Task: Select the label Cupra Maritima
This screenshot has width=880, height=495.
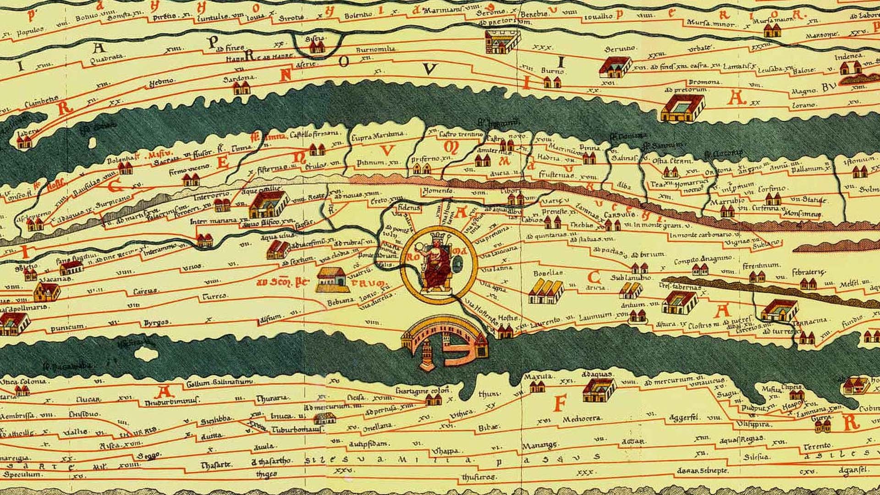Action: (377, 136)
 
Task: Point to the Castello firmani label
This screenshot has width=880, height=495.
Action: (314, 134)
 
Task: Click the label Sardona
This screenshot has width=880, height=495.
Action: (238, 79)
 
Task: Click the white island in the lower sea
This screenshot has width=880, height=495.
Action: (146, 353)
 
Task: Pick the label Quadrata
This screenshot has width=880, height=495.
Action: (106, 59)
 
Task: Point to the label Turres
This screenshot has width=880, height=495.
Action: (215, 297)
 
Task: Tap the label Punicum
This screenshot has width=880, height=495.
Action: (67, 327)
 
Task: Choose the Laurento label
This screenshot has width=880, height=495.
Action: (545, 322)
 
